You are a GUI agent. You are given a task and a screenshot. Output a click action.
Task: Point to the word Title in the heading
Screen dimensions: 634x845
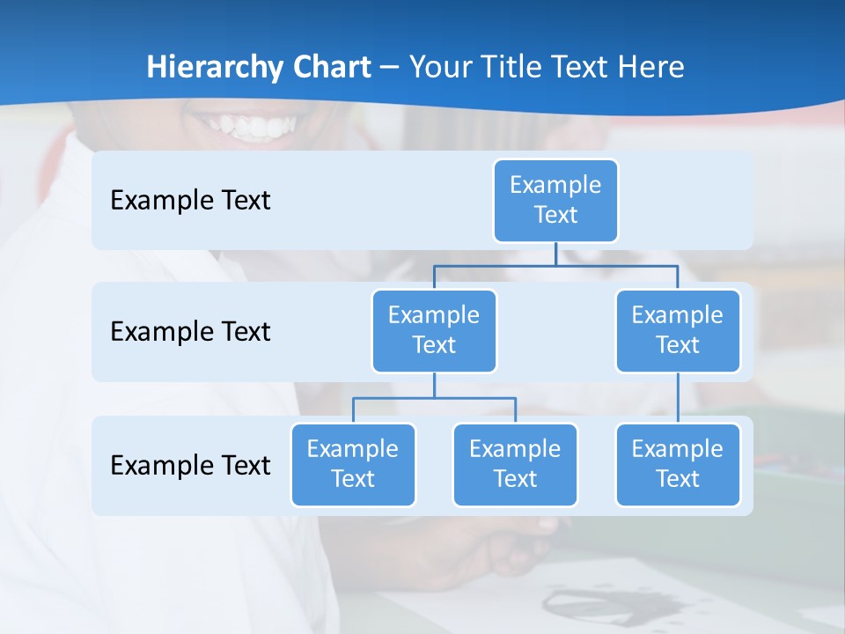pyautogui.click(x=512, y=68)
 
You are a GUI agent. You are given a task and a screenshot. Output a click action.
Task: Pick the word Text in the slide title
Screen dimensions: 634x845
pyautogui.click(x=577, y=68)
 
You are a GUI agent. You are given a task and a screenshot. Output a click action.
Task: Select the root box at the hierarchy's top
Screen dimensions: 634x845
pyautogui.click(x=555, y=200)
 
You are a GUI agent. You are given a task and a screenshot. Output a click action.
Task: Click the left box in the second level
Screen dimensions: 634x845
pyautogui.click(x=434, y=330)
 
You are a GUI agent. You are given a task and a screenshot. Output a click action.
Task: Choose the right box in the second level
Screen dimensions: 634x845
pyautogui.click(x=678, y=330)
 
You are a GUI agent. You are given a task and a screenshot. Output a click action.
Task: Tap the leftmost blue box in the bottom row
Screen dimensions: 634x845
pyautogui.click(x=353, y=464)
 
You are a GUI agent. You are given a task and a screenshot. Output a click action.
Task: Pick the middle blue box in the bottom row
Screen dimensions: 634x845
pyautogui.click(x=515, y=464)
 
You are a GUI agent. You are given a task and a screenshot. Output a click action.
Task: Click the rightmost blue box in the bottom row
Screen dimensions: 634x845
pyautogui.click(x=678, y=464)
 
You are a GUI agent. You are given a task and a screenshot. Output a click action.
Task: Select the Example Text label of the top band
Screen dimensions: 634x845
pyautogui.click(x=190, y=200)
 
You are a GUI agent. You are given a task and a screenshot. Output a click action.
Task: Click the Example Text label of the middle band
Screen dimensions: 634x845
pyautogui.click(x=190, y=331)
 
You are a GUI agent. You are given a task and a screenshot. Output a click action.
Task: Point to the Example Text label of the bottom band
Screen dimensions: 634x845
pyautogui.click(x=190, y=465)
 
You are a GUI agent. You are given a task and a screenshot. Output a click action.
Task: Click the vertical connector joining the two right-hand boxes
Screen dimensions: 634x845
pyautogui.click(x=678, y=398)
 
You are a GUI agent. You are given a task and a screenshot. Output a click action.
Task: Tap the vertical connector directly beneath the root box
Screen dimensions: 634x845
pyautogui.click(x=555, y=254)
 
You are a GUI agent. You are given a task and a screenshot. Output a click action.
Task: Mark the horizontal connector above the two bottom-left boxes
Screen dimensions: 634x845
pyautogui.click(x=434, y=398)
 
